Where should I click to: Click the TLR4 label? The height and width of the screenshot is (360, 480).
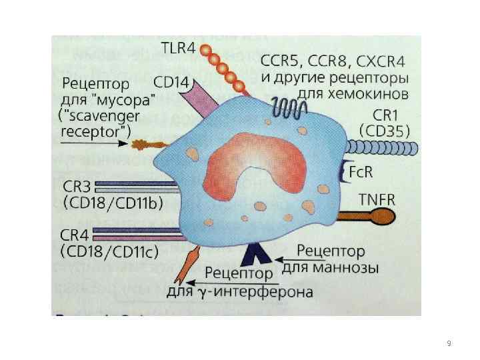pos(179,48)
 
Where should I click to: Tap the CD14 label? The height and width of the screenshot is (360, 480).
pos(172,83)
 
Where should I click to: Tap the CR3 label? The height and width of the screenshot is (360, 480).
pos(79,185)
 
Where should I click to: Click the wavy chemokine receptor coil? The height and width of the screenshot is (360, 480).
pos(288,107)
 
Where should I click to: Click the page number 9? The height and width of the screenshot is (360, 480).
pos(449,343)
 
